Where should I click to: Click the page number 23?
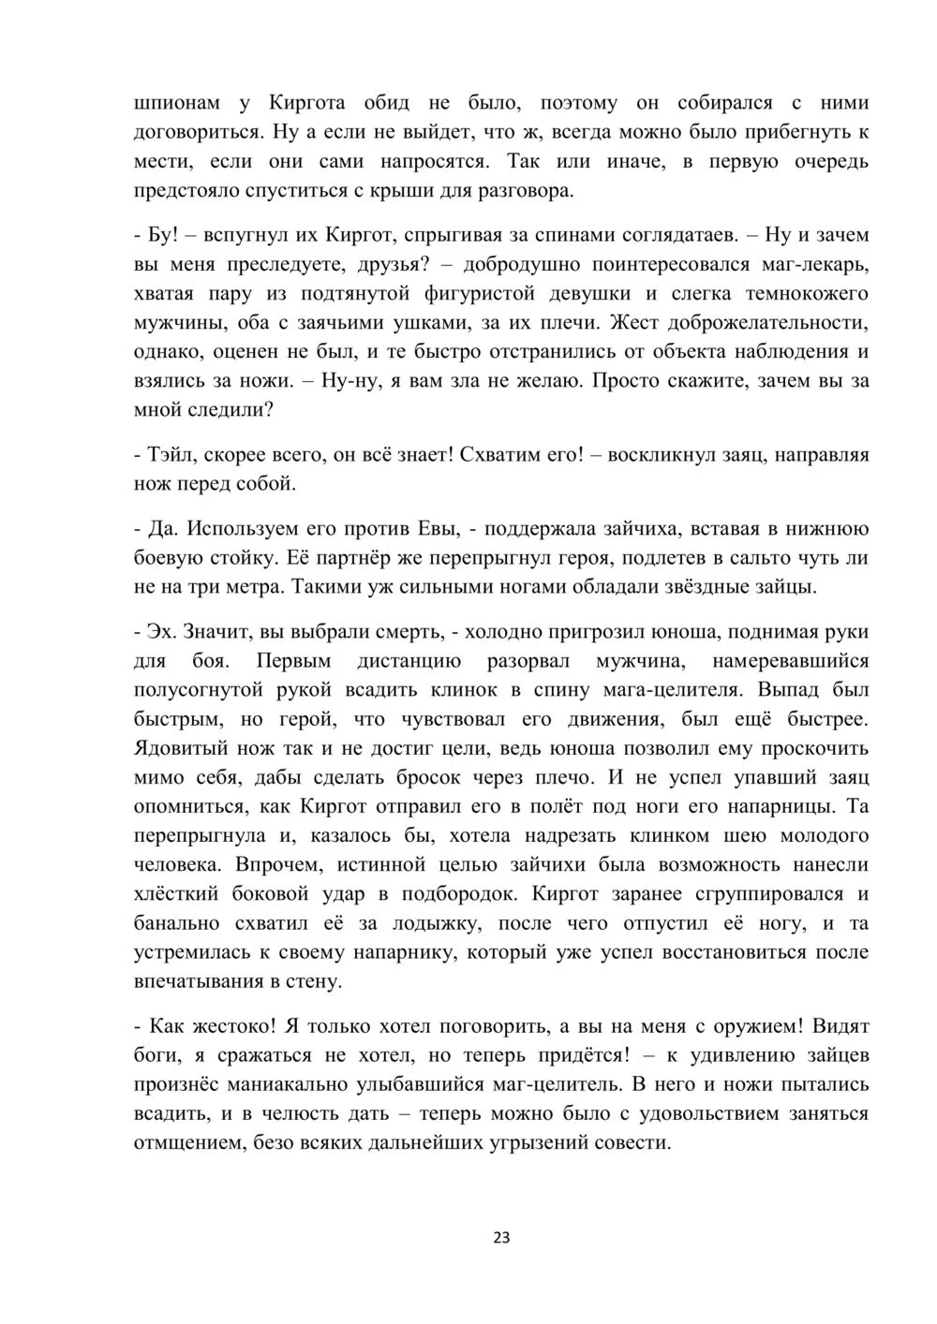tap(501, 1238)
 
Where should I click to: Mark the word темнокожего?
tap(809, 294)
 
